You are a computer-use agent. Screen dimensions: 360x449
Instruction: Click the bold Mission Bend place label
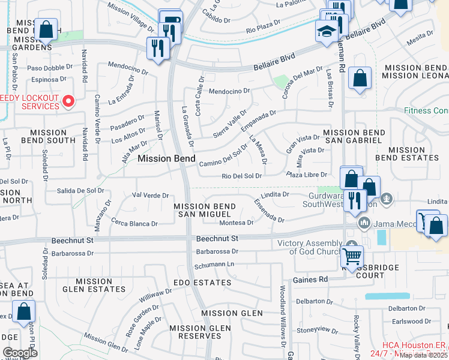click(166, 158)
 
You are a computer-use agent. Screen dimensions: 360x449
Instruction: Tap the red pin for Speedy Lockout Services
click(68, 101)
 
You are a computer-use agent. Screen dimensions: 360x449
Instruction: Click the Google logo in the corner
click(20, 353)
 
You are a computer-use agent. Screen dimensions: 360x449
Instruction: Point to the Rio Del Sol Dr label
click(242, 176)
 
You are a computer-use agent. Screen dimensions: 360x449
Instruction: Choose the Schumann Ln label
click(214, 264)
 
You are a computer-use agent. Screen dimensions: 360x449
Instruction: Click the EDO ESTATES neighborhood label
click(202, 282)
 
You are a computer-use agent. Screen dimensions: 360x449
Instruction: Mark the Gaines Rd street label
click(310, 280)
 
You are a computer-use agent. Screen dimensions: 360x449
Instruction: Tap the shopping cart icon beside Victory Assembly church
click(352, 256)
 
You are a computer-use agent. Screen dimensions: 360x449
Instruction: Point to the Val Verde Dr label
click(149, 196)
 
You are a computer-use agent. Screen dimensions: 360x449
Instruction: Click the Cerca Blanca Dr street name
click(134, 223)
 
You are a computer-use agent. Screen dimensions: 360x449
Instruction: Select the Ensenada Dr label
click(268, 211)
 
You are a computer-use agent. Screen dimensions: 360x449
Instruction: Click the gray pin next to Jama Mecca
click(364, 223)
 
